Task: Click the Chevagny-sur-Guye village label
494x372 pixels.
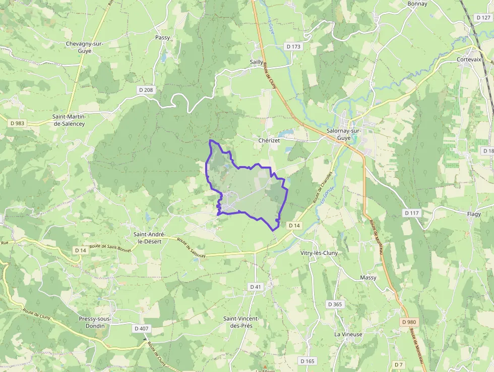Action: pos(84,47)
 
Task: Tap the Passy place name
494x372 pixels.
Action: pos(163,37)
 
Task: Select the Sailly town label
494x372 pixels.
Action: pos(257,62)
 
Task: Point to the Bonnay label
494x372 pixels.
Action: pos(417,4)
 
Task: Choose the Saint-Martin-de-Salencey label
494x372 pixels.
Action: pos(70,120)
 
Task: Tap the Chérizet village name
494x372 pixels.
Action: pos(269,140)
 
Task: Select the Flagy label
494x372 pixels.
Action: pos(474,214)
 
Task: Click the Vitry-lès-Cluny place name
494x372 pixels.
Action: pos(319,253)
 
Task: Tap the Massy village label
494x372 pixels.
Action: pos(368,278)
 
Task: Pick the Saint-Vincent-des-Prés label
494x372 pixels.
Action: pos(241,322)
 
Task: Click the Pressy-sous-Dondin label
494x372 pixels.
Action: pos(95,322)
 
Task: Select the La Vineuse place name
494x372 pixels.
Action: pos(348,334)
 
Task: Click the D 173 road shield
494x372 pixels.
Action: pos(293,46)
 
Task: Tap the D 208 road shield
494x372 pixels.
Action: pos(146,90)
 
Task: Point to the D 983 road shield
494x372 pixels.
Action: pos(17,123)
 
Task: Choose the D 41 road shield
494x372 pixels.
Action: pos(256,287)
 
